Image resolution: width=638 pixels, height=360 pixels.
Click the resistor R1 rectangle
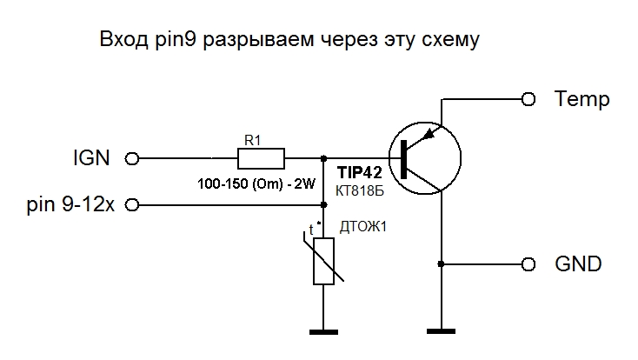pyautogui.click(x=261, y=158)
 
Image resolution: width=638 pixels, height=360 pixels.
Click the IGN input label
pyautogui.click(x=91, y=158)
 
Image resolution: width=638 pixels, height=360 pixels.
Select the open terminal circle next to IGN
pyautogui.click(x=132, y=158)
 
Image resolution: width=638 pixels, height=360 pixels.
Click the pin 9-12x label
pyautogui.click(x=71, y=206)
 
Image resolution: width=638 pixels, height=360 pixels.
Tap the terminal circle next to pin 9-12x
pyautogui.click(x=132, y=206)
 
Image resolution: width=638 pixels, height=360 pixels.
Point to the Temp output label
pyautogui.click(x=582, y=99)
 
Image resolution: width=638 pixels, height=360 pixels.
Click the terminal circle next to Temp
pyautogui.click(x=528, y=99)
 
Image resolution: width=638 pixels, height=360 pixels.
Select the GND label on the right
pyautogui.click(x=577, y=263)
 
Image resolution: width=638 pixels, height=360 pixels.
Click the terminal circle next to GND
pyautogui.click(x=528, y=263)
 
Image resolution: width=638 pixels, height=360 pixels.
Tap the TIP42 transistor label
pyautogui.click(x=358, y=173)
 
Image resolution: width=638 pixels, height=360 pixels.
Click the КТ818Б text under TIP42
pyautogui.click(x=358, y=190)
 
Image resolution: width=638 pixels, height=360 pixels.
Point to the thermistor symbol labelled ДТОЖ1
pyautogui.click(x=323, y=262)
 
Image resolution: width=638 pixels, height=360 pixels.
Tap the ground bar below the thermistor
pyautogui.click(x=323, y=330)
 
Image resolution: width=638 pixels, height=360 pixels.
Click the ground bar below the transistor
pyautogui.click(x=442, y=330)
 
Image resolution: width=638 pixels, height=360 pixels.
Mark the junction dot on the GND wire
pyautogui.click(x=442, y=263)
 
